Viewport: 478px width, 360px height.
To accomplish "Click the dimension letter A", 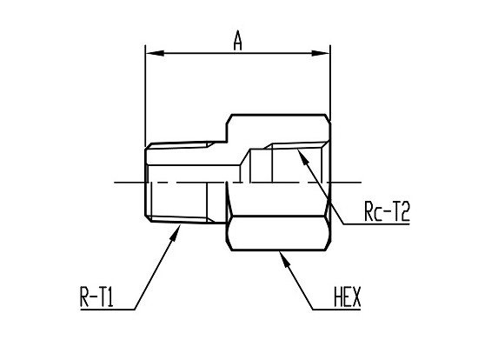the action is tap(238, 40).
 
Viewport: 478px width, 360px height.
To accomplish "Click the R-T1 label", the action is tap(96, 297).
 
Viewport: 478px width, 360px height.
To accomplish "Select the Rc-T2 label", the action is tap(387, 211).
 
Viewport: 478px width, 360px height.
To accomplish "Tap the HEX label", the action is tap(348, 297).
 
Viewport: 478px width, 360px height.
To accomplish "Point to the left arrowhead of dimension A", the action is tap(155, 53).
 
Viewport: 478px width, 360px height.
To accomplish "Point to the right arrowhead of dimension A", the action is tap(321, 53).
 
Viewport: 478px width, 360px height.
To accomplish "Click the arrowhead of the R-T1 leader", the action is tap(176, 232).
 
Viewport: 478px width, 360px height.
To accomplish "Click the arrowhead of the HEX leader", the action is tap(283, 259).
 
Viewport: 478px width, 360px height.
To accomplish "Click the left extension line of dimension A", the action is tap(145, 97).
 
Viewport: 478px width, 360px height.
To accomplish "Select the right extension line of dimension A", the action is tap(330, 83).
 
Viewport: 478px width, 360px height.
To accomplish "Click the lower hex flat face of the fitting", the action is tap(278, 233).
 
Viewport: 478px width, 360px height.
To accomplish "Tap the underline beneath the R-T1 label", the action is tap(108, 310).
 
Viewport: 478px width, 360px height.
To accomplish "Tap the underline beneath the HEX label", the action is tap(336, 310).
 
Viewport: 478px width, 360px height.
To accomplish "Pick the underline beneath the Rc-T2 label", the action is tap(377, 224).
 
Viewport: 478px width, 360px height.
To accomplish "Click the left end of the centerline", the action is tap(115, 183).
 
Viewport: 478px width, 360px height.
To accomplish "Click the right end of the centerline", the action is tap(362, 183).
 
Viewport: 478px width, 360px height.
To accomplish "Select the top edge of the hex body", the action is tap(279, 115).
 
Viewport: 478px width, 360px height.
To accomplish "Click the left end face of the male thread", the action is tap(145, 183).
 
